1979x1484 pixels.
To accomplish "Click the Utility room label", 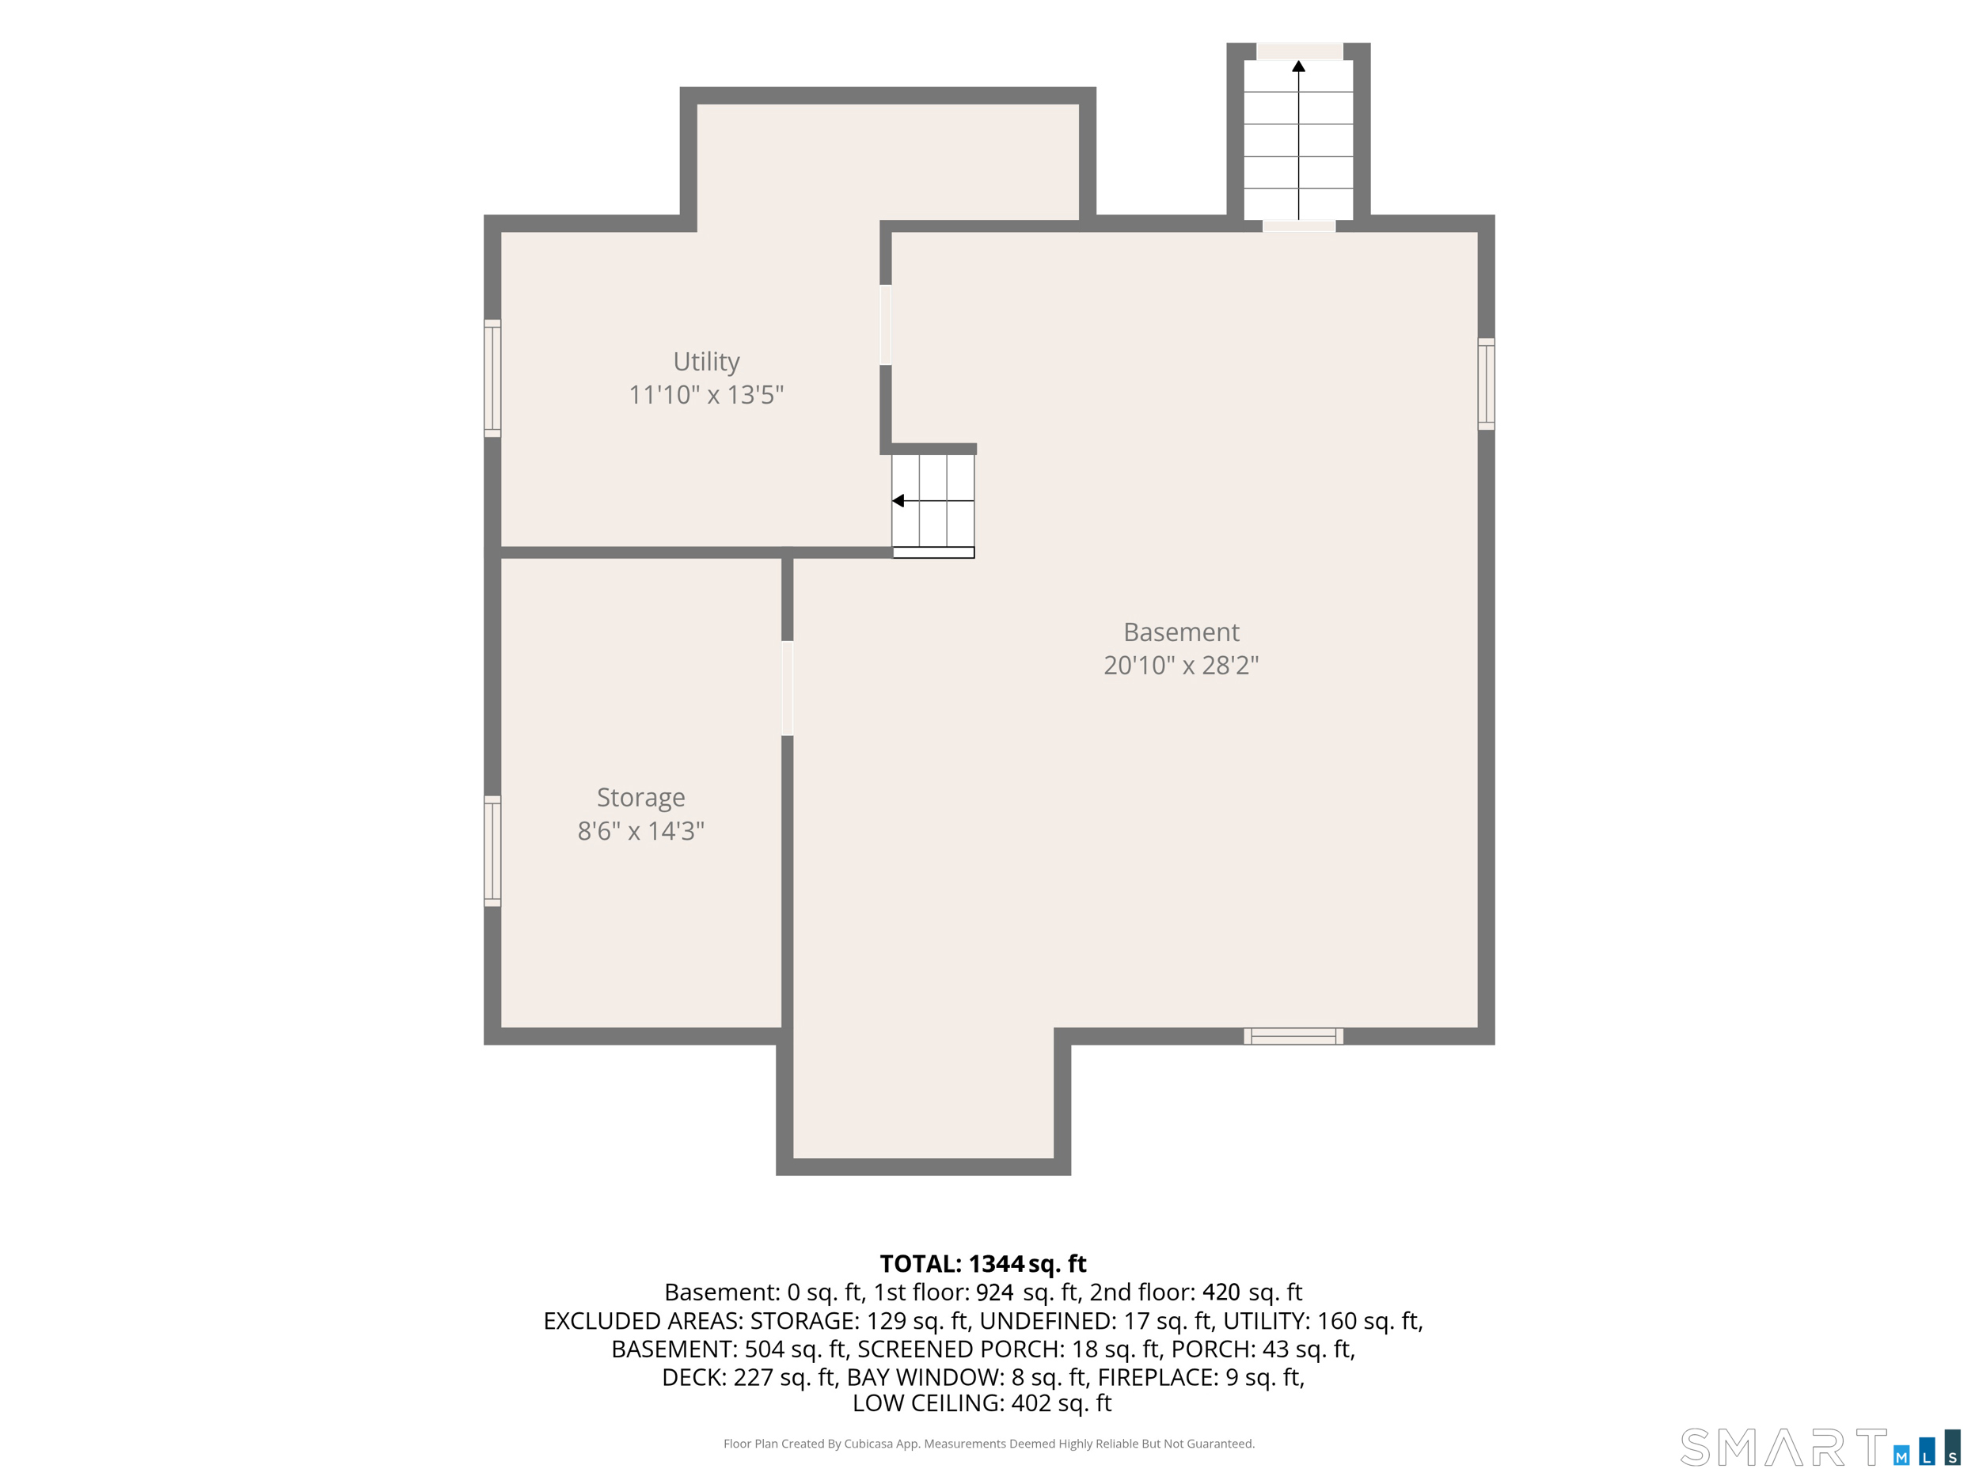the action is (706, 362).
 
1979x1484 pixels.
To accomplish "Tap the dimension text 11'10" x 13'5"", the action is (706, 394).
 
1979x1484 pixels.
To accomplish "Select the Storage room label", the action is (640, 797).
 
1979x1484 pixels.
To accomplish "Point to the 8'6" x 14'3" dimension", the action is (640, 831).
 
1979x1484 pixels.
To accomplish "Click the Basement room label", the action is (1181, 632).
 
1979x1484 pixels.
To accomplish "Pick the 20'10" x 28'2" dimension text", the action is (1181, 665).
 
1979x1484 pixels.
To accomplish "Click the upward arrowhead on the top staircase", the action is (1298, 66).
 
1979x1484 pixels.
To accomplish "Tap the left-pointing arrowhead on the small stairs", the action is (898, 501).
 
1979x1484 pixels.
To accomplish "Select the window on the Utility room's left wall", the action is (492, 378).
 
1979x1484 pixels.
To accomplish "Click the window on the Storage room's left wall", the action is (492, 851).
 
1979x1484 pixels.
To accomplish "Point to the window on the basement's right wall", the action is (1486, 384).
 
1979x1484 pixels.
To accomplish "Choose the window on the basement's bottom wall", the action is (1293, 1036).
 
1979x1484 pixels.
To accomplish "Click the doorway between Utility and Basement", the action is (886, 325).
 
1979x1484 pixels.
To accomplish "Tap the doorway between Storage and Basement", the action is (788, 688).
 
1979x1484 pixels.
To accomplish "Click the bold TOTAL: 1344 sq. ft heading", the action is (982, 1264).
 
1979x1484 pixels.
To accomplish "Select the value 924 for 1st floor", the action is (995, 1292).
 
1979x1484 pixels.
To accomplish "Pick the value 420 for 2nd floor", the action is (1221, 1292).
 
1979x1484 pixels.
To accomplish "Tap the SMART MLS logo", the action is (1820, 1448).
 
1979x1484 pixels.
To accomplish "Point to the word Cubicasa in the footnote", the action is (868, 1444).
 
